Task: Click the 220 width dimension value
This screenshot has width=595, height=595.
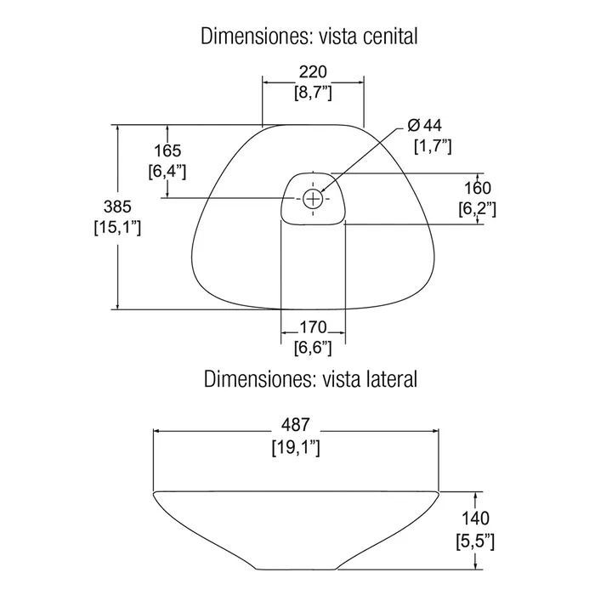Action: tap(313, 71)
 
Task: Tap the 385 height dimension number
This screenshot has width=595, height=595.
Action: tap(117, 207)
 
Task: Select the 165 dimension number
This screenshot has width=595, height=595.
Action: tap(167, 151)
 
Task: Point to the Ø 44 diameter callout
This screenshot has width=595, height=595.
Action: tap(425, 125)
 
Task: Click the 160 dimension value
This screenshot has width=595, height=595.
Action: tap(478, 188)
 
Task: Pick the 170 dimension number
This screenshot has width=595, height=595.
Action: tap(313, 326)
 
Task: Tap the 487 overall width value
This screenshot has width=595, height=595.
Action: tap(296, 425)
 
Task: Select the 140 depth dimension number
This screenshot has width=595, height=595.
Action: tap(475, 518)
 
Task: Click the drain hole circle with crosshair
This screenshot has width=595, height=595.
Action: tap(313, 198)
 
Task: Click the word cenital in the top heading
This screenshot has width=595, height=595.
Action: tap(390, 37)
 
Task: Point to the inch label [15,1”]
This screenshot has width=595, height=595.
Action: tap(117, 228)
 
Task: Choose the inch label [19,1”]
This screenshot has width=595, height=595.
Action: tap(296, 447)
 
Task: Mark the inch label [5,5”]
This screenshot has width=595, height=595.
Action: tap(475, 541)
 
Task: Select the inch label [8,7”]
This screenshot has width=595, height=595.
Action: tap(313, 93)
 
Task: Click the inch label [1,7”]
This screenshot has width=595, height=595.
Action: tap(433, 146)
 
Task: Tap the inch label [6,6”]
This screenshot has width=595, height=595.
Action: tap(313, 348)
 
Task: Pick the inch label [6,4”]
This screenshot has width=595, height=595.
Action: tap(167, 172)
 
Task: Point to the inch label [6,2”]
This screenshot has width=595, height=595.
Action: tap(478, 209)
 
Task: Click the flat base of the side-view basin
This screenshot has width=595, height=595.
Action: tap(297, 569)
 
